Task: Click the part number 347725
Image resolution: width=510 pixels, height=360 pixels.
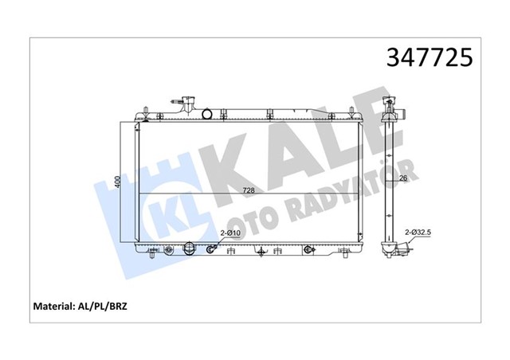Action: point(431,57)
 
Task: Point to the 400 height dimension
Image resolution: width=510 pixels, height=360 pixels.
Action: point(116,182)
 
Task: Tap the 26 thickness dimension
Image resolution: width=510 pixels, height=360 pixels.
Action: point(404,178)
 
